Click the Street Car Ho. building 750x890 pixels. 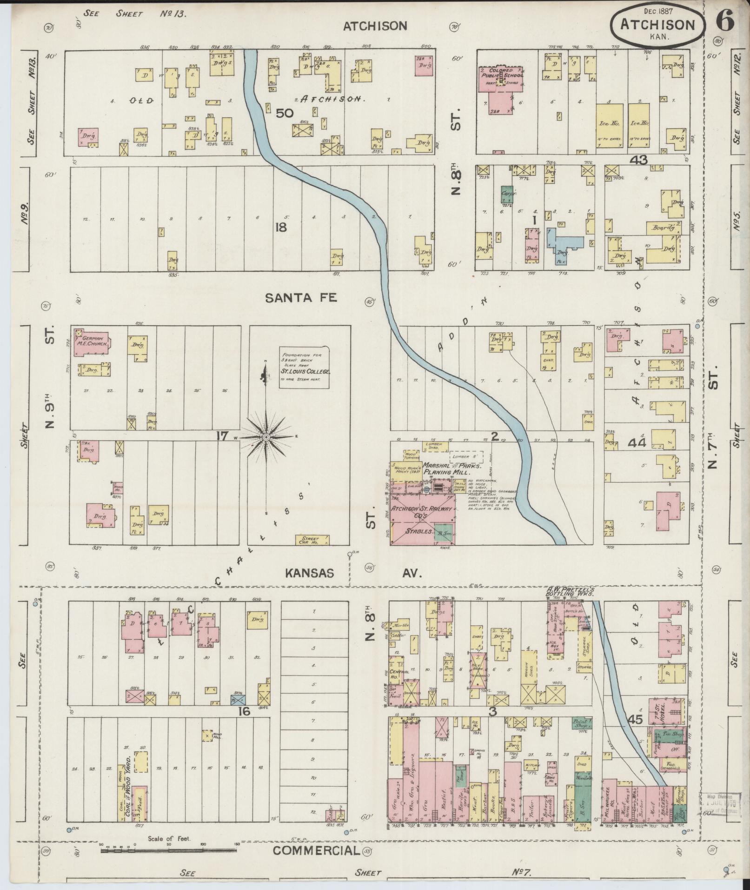(x=313, y=540)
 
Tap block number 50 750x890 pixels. (x=284, y=113)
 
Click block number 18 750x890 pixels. (x=281, y=228)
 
